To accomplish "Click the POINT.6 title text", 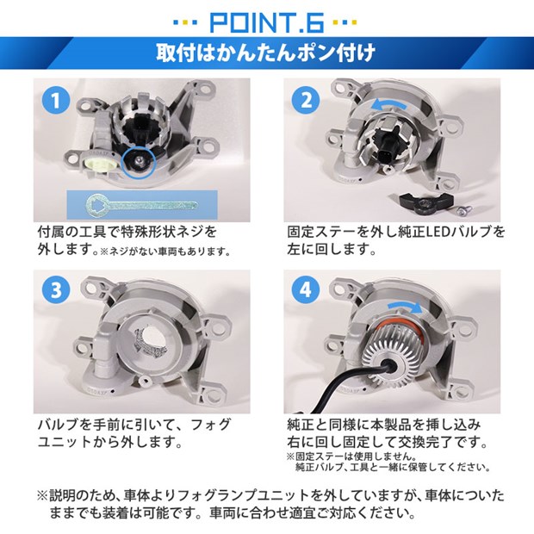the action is click(x=267, y=23).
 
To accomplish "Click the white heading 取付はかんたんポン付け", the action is click(x=265, y=53).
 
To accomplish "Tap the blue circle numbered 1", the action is click(x=56, y=100).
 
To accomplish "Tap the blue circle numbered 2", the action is click(x=306, y=100).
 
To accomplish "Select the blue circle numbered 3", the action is click(x=56, y=290).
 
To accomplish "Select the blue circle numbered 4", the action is click(x=306, y=290).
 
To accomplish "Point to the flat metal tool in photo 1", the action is click(x=141, y=205).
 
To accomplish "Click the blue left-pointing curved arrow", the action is click(x=389, y=104).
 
